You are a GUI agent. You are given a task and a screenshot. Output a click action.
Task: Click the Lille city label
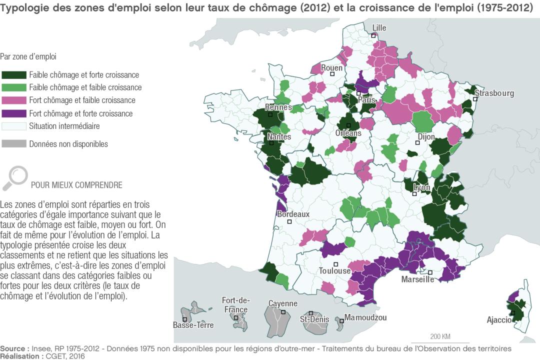[379, 28]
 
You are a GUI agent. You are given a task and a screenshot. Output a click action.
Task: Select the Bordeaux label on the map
[293, 214]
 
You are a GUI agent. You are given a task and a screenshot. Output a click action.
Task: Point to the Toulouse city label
[334, 271]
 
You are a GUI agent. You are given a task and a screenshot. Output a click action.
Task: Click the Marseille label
[417, 279]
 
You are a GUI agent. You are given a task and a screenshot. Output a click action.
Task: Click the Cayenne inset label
[282, 303]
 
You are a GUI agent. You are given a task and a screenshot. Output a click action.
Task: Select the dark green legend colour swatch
[13, 75]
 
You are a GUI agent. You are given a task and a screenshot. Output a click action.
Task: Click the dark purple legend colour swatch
[13, 113]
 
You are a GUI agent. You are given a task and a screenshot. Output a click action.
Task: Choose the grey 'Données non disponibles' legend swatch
[13, 144]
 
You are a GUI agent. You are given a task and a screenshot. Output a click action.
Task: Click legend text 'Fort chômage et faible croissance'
[82, 100]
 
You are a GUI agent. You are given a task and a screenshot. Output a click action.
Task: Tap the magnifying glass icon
[15, 177]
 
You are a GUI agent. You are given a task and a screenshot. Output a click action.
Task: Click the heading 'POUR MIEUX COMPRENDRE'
[76, 185]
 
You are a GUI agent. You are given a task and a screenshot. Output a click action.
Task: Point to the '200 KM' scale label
[440, 335]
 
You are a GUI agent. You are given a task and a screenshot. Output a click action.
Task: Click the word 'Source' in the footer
[13, 348]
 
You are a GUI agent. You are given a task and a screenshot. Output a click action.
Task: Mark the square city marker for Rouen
[331, 74]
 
